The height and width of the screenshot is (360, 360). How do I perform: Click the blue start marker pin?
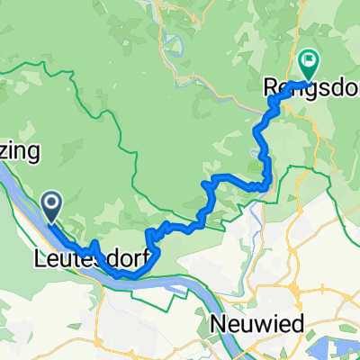[x=51, y=208]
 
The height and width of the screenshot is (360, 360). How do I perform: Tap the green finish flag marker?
[x=309, y=63]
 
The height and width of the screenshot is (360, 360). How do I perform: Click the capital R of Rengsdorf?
[x=270, y=87]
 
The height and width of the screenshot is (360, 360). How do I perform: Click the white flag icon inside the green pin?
[x=309, y=61]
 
